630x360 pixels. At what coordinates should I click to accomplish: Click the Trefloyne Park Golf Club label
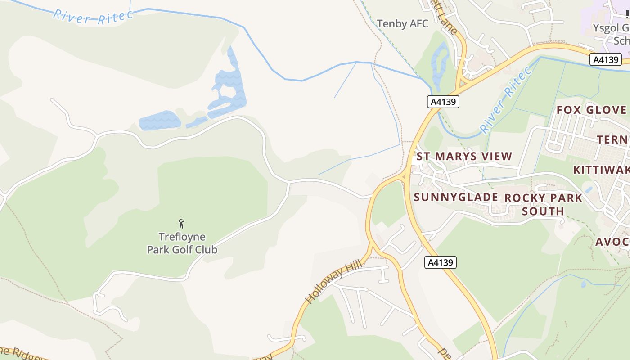click(182, 243)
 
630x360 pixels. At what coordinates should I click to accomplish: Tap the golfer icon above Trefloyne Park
click(181, 223)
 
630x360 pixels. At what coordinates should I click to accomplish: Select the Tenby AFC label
click(403, 24)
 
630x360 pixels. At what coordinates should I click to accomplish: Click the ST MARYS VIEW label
click(464, 157)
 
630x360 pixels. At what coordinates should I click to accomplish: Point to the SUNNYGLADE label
click(455, 197)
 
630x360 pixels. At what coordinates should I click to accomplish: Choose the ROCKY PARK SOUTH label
click(543, 204)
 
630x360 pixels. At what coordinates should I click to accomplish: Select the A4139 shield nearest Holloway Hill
click(441, 262)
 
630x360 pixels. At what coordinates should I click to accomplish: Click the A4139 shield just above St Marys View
click(443, 102)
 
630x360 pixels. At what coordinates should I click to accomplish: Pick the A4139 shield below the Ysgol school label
click(605, 59)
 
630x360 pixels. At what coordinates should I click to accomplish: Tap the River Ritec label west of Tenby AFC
click(93, 15)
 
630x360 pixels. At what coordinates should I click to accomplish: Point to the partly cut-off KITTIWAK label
click(601, 170)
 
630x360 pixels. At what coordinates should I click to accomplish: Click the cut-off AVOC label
click(612, 242)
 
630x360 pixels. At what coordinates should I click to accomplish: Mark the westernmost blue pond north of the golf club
click(160, 121)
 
